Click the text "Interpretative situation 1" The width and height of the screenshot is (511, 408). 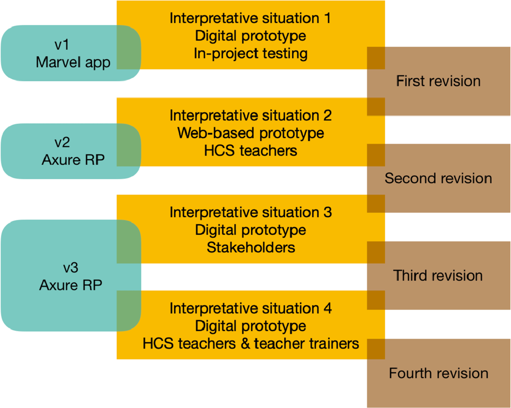250,18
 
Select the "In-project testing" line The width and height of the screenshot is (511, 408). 250,53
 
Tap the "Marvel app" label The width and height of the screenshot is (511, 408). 73,63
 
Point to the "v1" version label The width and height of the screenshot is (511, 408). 62,45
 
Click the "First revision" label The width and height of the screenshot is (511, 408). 438,81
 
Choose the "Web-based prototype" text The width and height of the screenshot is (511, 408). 250,133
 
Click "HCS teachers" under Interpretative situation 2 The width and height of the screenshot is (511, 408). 250,151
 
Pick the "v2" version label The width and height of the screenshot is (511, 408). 62,142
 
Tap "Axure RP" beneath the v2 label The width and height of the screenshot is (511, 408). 73,160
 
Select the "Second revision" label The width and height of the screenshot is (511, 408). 438,178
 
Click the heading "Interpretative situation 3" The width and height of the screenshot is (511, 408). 250,212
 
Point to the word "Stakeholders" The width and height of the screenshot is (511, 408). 251,247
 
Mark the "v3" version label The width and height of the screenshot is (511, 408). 71,267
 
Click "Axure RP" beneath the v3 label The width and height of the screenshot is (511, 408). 71,285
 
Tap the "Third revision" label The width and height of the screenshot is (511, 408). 438,276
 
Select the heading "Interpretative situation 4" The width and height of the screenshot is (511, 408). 250,308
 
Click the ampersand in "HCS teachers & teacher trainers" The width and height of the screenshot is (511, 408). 245,344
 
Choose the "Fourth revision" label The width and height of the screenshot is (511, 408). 439,373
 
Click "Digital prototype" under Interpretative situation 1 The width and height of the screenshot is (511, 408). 250,36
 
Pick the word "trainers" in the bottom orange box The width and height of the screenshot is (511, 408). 334,344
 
